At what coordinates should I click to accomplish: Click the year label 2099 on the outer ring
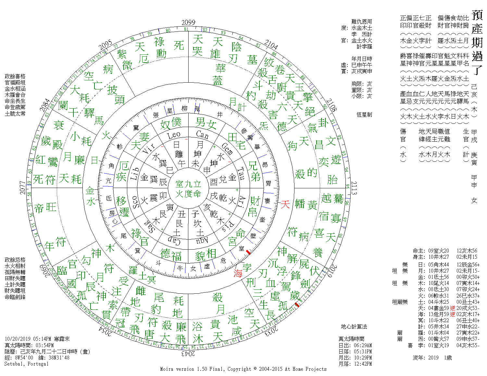pyautogui.click(x=188, y=22)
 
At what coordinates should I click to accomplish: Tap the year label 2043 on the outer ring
pyautogui.click(x=188, y=353)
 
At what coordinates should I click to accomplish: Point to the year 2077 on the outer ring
pyautogui.click(x=22, y=188)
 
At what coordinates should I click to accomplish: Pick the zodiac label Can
pyautogui.click(x=202, y=135)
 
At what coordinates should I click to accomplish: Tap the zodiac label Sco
pyautogui.click(x=136, y=202)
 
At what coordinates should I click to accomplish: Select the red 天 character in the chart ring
pyautogui.click(x=285, y=204)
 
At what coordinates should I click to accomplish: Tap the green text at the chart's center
pyautogui.click(x=188, y=189)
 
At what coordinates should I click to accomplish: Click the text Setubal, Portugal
pyautogui.click(x=26, y=364)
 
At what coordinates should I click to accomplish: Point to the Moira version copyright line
pyautogui.click(x=243, y=369)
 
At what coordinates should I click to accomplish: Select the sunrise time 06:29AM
pyautogui.click(x=362, y=345)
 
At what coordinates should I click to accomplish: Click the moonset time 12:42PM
pyautogui.click(x=362, y=364)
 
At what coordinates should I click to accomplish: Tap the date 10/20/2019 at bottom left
pyautogui.click(x=18, y=339)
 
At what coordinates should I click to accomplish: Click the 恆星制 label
pyautogui.click(x=364, y=115)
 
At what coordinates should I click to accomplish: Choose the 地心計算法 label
pyautogui.click(x=354, y=326)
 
